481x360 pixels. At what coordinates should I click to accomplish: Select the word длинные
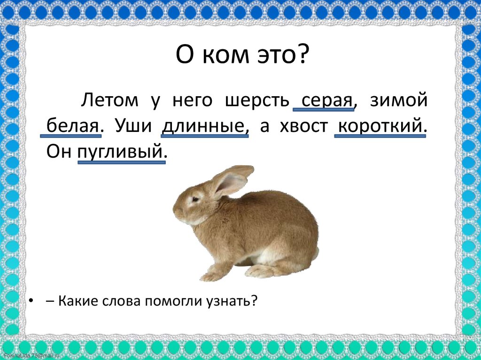205,126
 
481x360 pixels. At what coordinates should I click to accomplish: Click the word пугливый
121,152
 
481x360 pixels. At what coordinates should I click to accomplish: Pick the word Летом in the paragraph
111,100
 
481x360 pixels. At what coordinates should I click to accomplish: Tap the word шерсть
256,100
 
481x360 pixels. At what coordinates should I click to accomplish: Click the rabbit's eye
194,199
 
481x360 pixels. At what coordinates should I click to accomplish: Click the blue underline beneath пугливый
121,162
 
